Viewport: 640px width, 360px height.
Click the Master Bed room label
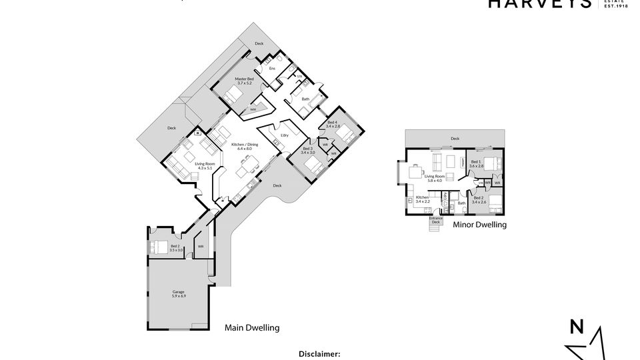click(244, 81)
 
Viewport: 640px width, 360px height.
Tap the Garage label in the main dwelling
click(178, 294)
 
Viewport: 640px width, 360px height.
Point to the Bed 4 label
click(332, 124)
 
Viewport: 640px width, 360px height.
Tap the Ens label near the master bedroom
click(272, 69)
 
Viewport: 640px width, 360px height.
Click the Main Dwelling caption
click(251, 327)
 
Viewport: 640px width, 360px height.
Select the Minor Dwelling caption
click(479, 225)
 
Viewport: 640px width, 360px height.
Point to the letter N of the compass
click(576, 327)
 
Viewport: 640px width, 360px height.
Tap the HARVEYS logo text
click(539, 4)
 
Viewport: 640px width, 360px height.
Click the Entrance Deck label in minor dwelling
click(435, 220)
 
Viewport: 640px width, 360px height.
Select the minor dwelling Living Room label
click(435, 178)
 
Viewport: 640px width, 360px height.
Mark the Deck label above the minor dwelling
click(455, 139)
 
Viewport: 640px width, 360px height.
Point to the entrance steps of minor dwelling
click(434, 228)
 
